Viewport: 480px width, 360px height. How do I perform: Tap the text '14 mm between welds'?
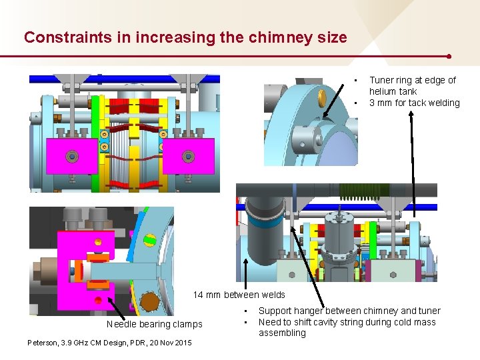[x=239, y=295]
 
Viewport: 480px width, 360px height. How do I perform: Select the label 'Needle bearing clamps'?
[x=154, y=325]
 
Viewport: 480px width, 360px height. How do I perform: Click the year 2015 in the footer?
[x=181, y=343]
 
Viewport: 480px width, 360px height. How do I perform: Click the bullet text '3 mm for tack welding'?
[x=414, y=103]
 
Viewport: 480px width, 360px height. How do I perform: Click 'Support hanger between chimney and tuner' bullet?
[x=349, y=311]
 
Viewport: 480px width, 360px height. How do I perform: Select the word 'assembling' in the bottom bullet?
[x=282, y=333]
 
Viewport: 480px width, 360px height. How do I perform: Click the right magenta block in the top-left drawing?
[x=189, y=156]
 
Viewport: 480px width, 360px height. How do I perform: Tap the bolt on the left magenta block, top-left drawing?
[x=72, y=157]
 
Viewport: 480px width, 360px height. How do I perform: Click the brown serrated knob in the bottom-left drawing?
[x=147, y=301]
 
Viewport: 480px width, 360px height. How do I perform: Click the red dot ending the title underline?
[x=450, y=57]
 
